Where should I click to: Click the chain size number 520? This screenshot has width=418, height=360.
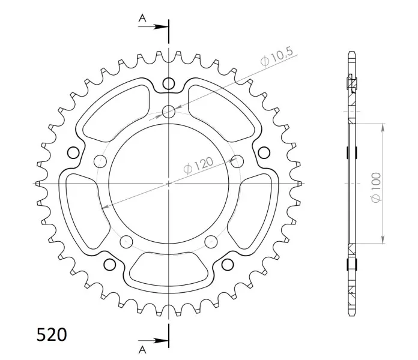52,334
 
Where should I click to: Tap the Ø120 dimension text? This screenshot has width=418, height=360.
199,165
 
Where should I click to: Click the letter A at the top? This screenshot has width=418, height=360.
142,18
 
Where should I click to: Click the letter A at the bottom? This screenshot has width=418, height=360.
142,350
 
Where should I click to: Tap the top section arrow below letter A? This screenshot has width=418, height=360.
153,26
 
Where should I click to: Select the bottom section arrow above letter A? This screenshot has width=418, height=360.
153,340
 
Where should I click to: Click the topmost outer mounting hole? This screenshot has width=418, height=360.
169,83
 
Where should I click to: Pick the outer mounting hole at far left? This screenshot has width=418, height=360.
73,153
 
